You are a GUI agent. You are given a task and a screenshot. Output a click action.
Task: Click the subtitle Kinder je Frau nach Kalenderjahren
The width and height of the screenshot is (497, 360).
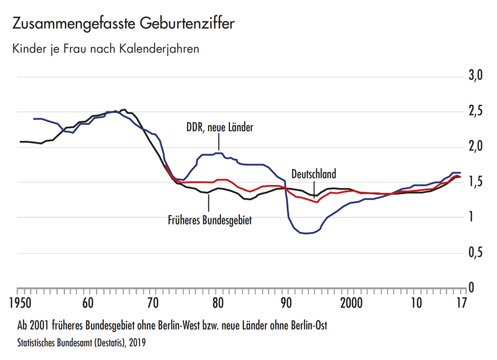coord(106,49)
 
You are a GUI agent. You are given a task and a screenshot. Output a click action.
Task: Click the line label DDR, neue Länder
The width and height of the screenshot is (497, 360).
coord(220,128)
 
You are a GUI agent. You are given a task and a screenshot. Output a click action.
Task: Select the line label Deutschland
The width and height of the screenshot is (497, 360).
coord(313,175)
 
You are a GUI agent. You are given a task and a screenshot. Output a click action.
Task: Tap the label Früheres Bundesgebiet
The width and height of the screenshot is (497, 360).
coord(210,220)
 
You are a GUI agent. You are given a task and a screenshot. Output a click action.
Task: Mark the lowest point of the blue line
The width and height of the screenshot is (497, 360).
coord(306,233)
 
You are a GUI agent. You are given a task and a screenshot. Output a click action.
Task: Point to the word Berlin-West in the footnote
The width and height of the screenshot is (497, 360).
coord(194,326)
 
